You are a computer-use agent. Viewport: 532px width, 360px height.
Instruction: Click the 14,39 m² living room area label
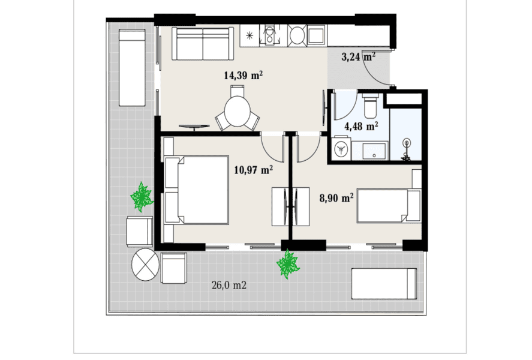[244, 75]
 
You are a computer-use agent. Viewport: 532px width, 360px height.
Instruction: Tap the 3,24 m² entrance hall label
[358, 56]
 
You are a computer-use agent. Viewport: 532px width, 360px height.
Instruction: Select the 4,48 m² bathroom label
[361, 126]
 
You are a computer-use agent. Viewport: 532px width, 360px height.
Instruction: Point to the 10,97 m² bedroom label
[254, 169]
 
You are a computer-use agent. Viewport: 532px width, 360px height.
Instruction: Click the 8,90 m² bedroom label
[336, 197]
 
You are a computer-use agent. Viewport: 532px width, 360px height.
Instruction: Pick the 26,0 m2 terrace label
[229, 286]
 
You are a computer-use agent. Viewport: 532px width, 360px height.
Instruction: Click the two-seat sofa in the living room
[203, 44]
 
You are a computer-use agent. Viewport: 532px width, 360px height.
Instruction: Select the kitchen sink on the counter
[269, 35]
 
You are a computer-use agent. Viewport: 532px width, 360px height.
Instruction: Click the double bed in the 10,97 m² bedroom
[197, 190]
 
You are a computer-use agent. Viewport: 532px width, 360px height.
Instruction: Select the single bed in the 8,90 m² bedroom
[389, 206]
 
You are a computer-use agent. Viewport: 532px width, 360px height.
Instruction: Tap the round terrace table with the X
[145, 265]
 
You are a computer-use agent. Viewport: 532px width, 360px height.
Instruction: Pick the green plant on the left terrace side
[142, 197]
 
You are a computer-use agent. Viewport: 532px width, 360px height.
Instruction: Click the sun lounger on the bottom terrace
[384, 284]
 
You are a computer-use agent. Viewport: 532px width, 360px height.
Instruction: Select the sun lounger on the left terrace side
[133, 68]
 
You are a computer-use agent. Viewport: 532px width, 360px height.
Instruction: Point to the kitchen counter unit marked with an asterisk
[250, 35]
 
